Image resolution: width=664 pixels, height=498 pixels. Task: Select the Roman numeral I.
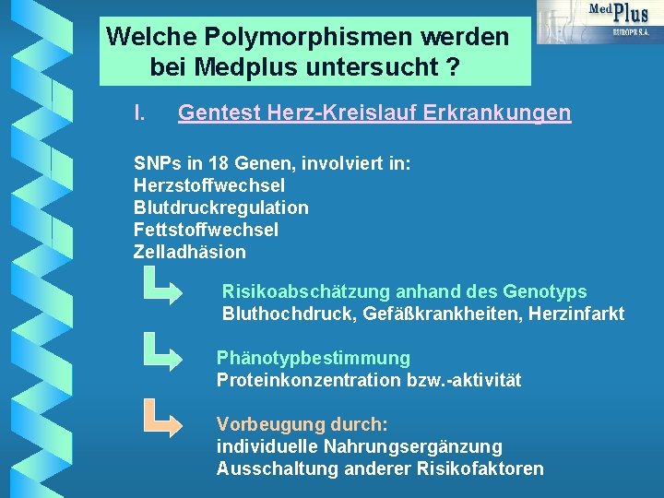[x=138, y=113]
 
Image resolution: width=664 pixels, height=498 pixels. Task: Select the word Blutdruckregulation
[x=220, y=207]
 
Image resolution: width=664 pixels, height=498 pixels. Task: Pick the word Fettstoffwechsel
[x=206, y=230]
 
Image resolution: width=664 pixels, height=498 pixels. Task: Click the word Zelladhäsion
[x=190, y=252]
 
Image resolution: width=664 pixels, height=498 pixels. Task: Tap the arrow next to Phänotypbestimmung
[x=162, y=353]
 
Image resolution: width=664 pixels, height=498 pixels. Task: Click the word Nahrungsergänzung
[x=412, y=447]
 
